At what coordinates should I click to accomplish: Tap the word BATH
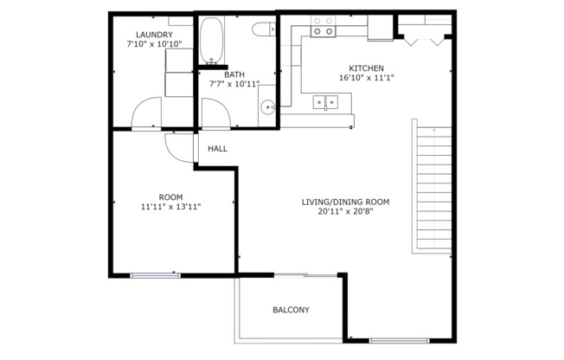tap(234, 74)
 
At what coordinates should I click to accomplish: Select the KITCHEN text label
tap(366, 68)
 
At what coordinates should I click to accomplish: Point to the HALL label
tap(217, 149)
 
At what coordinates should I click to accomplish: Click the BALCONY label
tap(291, 310)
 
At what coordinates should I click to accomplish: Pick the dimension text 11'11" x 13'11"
tap(170, 208)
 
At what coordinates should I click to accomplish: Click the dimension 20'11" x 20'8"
tap(345, 212)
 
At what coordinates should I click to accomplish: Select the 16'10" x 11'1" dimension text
tap(366, 79)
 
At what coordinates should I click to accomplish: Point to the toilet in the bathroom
tap(264, 31)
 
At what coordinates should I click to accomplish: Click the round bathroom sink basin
tap(268, 108)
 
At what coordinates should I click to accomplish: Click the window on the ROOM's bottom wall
tap(155, 275)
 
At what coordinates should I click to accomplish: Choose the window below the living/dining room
tap(399, 340)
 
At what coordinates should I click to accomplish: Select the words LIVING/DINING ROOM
tap(345, 202)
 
